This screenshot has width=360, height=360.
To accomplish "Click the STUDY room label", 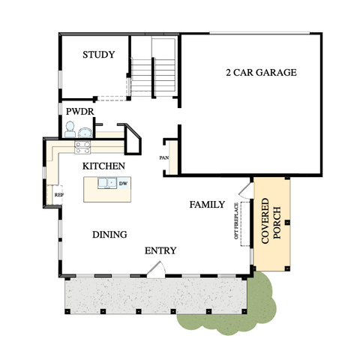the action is tap(99, 55).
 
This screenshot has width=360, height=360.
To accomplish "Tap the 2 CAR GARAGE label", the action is tap(261, 73).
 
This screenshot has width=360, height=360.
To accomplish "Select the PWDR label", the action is tap(79, 112).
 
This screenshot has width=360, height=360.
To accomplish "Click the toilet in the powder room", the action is tap(70, 130).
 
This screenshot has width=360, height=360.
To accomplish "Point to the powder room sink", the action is tap(85, 133).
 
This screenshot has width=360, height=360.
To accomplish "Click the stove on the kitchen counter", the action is tap(82, 147).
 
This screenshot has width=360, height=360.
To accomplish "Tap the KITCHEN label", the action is tap(103, 166).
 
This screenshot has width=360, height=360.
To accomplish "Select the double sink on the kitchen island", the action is tap(107, 183).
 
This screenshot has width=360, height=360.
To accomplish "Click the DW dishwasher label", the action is tap(123, 184).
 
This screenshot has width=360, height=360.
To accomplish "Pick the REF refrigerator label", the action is tap(59, 195).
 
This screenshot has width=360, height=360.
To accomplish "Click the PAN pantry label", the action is tap(164, 158).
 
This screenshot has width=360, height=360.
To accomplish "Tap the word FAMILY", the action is tap(207, 205).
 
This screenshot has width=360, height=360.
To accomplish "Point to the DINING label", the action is tap(109, 235).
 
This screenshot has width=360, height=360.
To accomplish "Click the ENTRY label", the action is tap(160, 250).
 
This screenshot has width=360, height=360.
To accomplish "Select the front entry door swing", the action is tap(155, 269).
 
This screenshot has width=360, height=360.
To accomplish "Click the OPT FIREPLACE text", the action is tap(236, 221).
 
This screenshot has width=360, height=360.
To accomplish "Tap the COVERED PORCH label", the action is tap(271, 221).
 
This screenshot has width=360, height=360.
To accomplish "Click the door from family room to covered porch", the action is tap(244, 190).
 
